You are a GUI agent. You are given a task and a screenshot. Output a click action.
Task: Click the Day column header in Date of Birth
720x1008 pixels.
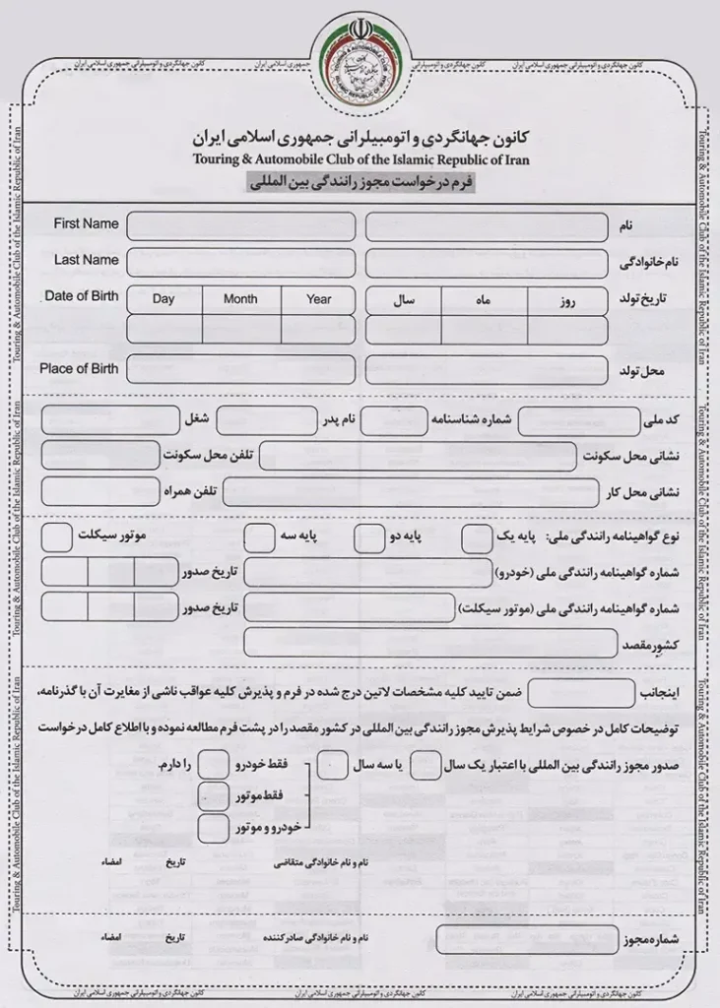tap(164, 299)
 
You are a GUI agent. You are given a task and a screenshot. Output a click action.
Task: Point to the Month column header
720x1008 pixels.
tap(240, 299)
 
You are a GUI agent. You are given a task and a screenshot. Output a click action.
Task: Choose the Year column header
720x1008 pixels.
tap(319, 299)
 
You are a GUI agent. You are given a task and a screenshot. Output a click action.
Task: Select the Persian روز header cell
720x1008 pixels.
tap(565, 301)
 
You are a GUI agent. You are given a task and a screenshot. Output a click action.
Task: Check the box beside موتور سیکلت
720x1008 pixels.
tap(57, 537)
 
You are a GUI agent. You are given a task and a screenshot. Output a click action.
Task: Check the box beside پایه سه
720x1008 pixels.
tap(259, 537)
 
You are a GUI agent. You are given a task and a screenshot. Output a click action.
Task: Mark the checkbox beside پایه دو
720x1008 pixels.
tap(368, 537)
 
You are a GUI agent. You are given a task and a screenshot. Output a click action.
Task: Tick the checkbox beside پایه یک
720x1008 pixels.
tap(477, 537)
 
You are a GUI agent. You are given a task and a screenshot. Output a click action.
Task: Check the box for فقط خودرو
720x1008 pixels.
tap(213, 765)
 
